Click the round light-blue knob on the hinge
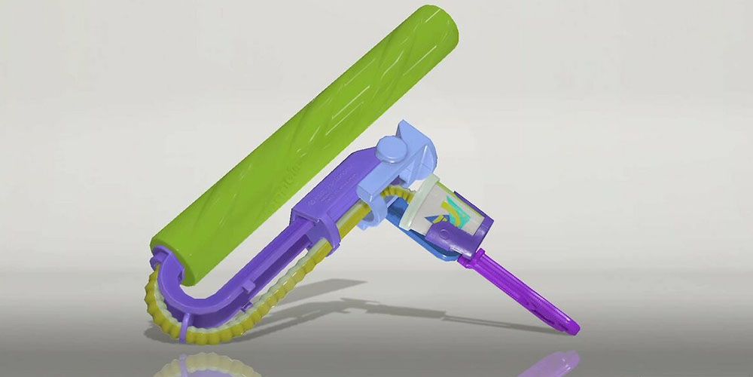point(392,149)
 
